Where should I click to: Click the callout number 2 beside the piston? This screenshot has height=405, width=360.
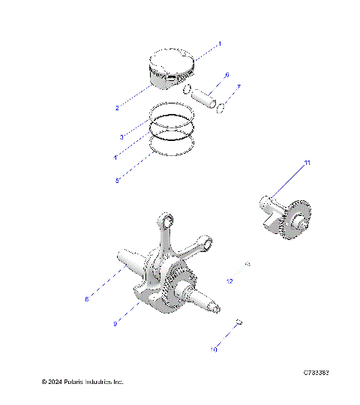[x=117, y=109]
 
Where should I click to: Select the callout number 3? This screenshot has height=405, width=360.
[x=121, y=137]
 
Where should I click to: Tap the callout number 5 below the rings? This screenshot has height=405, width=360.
[x=117, y=181]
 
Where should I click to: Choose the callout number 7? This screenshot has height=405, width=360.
[x=238, y=88]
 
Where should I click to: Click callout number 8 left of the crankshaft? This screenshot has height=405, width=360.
[x=108, y=298]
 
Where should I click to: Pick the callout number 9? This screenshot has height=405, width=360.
[x=115, y=323]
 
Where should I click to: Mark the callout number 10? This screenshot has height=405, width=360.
[x=214, y=349]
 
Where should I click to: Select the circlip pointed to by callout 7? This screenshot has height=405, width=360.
[x=221, y=111]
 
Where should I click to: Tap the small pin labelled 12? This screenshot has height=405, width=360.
[x=247, y=264]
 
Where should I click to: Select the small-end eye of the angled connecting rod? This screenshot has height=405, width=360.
[x=205, y=241]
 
